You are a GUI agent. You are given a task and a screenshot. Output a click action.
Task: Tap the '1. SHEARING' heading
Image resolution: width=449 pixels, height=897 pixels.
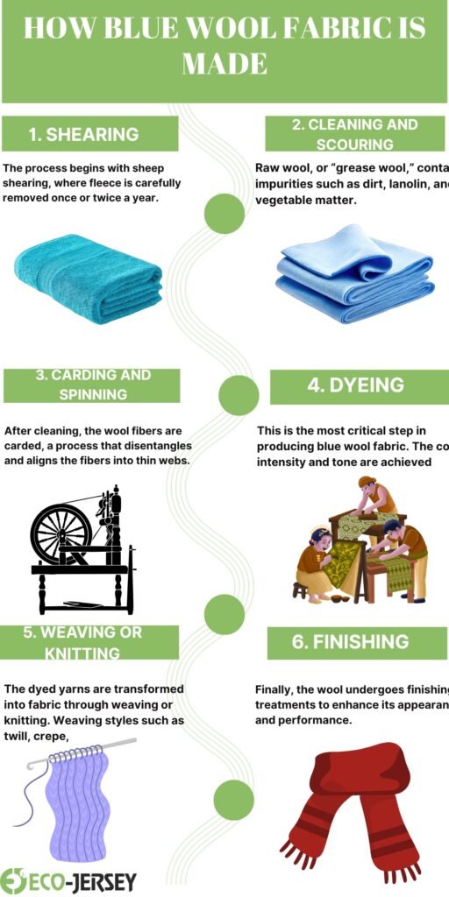click(83, 134)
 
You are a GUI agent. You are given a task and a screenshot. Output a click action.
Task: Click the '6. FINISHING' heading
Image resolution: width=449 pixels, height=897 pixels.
click(350, 641)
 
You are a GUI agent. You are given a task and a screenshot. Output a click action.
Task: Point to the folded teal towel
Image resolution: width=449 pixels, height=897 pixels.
click(89, 273)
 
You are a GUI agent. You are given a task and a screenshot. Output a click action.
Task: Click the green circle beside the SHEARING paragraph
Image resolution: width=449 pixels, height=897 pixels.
click(224, 213)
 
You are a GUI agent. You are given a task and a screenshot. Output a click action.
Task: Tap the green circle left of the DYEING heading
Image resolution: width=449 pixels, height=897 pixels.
click(238, 395)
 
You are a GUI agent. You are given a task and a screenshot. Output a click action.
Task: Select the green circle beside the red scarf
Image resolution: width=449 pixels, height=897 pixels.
click(234, 800)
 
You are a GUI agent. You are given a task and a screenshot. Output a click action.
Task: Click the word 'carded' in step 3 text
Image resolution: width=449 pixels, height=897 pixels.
click(26, 446)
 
